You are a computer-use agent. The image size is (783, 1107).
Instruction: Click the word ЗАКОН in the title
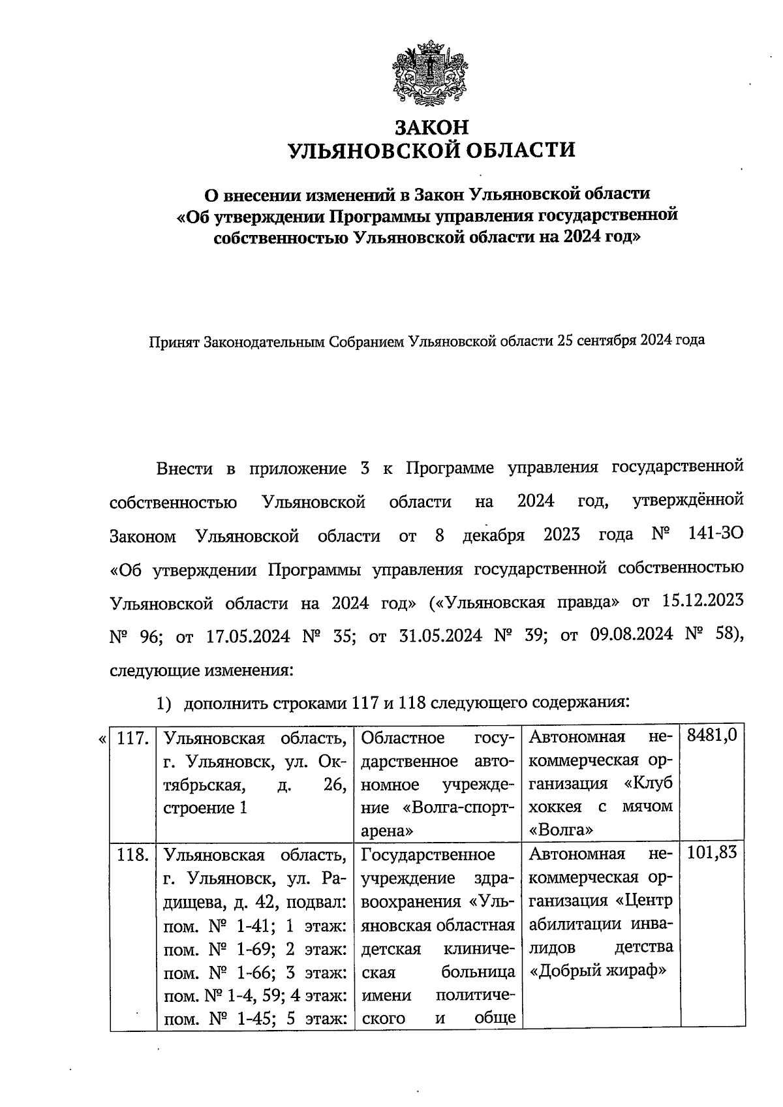(x=431, y=126)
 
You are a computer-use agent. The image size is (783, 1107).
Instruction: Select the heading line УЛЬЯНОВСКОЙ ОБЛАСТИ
(x=431, y=151)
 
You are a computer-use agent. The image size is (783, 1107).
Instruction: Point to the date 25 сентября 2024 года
(x=630, y=341)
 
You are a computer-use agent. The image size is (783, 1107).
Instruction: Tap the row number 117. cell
(x=133, y=738)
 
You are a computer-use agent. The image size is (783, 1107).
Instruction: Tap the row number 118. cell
(x=133, y=854)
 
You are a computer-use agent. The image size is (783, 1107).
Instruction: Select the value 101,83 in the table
(x=712, y=854)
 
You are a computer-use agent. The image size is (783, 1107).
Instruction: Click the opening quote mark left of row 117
(x=102, y=739)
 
